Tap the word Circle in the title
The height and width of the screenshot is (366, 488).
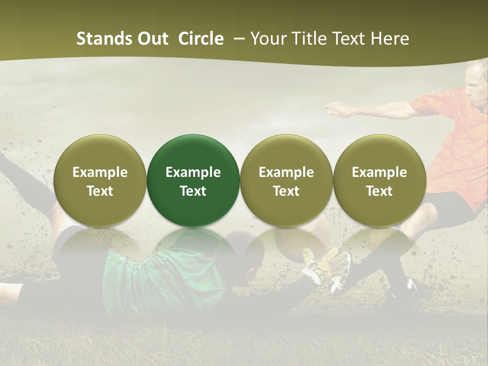[201, 39]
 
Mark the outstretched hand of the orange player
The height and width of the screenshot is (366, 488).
[333, 107]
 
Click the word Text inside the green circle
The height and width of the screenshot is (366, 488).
[193, 191]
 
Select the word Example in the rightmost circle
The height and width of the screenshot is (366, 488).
[379, 172]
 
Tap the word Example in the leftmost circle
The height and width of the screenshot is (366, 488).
[100, 172]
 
